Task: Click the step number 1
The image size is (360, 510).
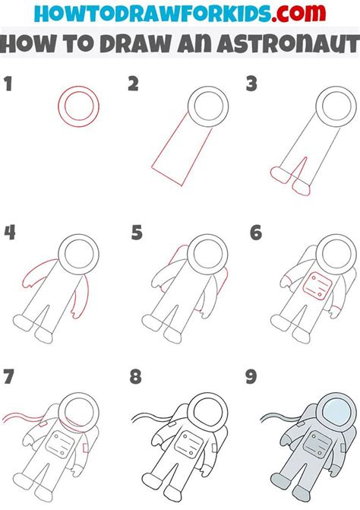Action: tap(8, 85)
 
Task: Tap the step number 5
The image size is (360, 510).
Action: tap(136, 233)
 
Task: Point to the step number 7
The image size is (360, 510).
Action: tap(9, 377)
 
